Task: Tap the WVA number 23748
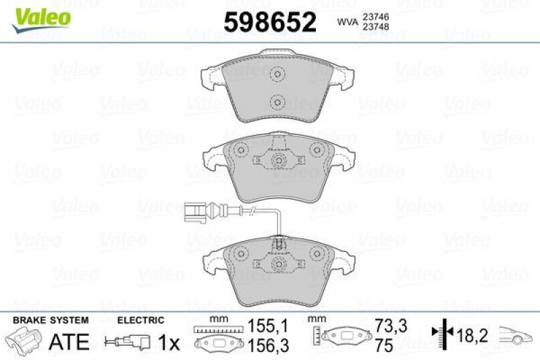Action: point(380,28)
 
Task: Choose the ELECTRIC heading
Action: point(140,319)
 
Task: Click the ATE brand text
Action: point(70,342)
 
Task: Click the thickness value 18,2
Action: point(470,333)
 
